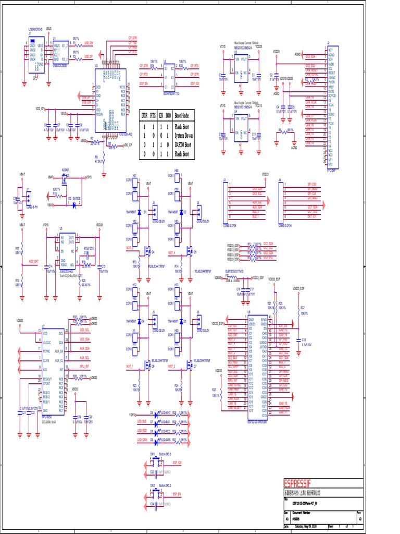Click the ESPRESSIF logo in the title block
[x=303, y=482]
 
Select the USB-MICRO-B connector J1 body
[x=32, y=53]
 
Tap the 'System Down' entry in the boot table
[x=183, y=135]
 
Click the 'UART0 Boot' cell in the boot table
[x=183, y=144]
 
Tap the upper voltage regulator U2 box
[x=241, y=69]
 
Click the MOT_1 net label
[x=130, y=366]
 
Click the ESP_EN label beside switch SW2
[x=176, y=493]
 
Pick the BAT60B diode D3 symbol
[x=74, y=205]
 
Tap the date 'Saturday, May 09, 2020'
[x=309, y=526]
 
